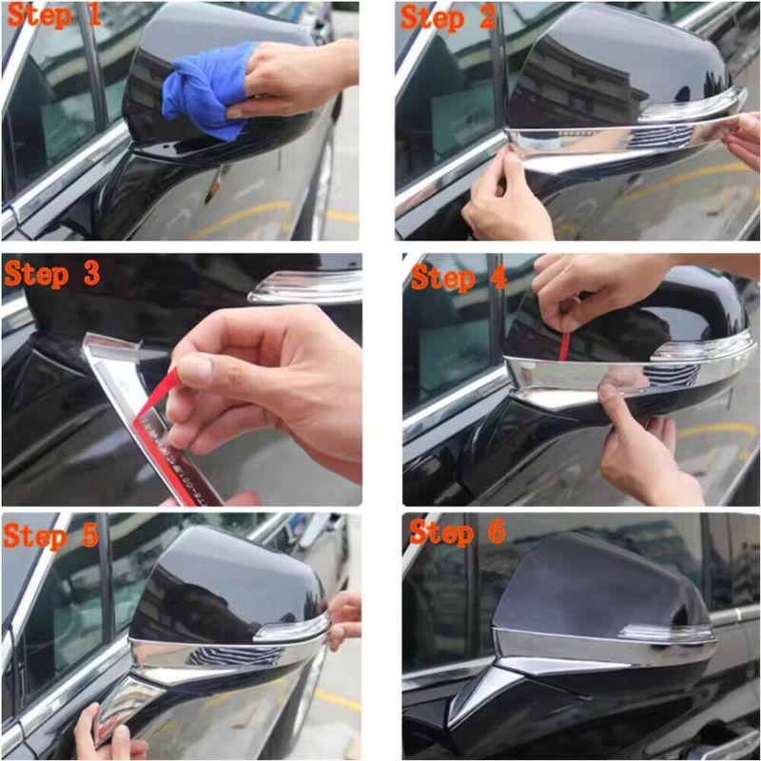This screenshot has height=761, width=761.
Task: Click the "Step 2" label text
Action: coord(448,16)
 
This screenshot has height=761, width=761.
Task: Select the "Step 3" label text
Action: coord(52,273)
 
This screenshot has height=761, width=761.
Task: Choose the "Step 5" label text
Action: coord(52,535)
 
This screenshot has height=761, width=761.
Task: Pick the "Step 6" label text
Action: coord(458,533)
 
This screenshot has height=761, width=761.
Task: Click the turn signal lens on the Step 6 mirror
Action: coord(666,633)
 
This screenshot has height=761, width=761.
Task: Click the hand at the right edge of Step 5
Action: coord(344,618)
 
